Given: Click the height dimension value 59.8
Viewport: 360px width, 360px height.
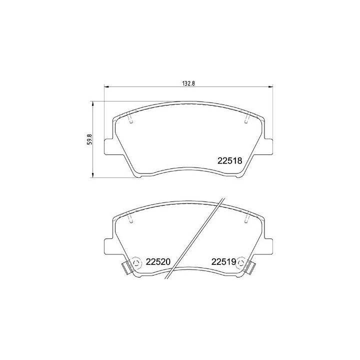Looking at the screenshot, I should [89, 139].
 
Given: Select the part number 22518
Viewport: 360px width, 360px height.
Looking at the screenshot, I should [229, 161].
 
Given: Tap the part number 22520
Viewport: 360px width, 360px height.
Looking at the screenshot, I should [159, 261].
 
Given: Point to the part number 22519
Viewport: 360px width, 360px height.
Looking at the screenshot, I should [223, 261].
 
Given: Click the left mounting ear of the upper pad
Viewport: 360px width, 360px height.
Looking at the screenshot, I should [109, 147].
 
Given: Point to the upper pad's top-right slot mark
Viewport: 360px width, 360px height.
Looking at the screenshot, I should [246, 118].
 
